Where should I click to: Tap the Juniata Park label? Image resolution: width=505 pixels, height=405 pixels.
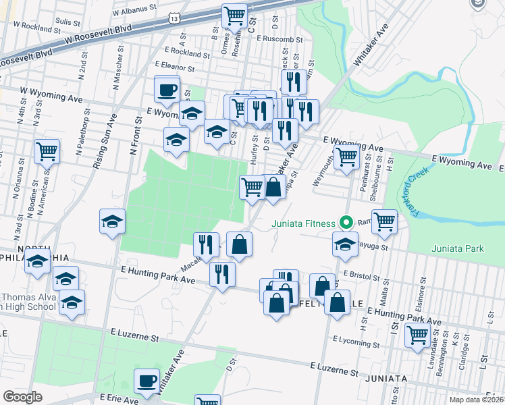coord(457,248)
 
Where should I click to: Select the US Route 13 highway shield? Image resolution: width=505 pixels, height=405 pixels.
coord(176,19)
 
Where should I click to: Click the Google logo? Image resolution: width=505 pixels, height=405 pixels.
coord(22,396)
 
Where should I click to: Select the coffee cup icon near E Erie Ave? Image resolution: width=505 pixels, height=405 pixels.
coord(147,381)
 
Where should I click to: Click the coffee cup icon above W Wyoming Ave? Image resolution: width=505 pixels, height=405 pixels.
coord(167,88)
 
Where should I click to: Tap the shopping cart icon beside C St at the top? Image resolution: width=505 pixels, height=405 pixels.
coord(234,15)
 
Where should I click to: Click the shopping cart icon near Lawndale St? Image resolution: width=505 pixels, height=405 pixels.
coord(417,334)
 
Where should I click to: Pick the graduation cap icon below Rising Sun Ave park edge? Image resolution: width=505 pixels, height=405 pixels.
coord(112,221)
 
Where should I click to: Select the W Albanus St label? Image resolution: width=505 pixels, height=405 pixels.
coord(134,12)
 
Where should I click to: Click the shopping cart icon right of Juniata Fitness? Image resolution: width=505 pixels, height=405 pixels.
coord(384,221)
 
